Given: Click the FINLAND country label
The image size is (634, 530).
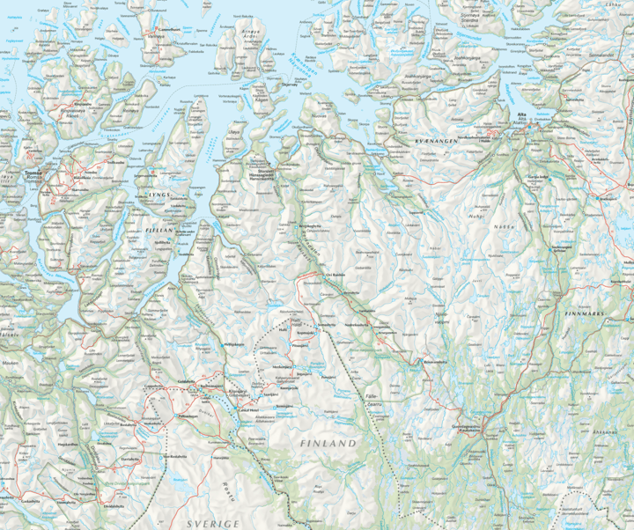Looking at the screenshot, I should pyautogui.click(x=328, y=443).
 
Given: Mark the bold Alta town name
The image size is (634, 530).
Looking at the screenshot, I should pyautogui.click(x=522, y=115).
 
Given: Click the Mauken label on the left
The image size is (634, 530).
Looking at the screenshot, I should pyautogui.click(x=11, y=362).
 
